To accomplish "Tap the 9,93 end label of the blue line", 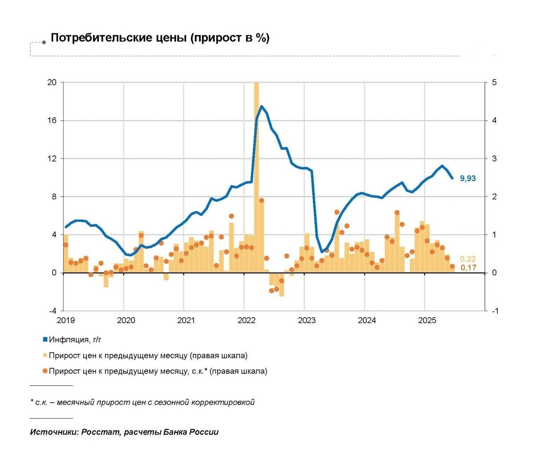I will (x=468, y=179).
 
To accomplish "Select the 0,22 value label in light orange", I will (x=468, y=259).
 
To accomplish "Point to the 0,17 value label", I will (x=468, y=268).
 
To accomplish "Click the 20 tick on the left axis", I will (x=52, y=82).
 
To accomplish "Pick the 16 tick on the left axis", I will (x=52, y=121).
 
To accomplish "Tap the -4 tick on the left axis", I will (x=52, y=311).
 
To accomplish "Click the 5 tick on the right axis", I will (x=494, y=82).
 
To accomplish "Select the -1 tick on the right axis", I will (x=495, y=311).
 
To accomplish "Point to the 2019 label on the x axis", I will (x=66, y=320).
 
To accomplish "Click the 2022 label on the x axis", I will (x=247, y=320).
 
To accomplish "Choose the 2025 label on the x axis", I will (x=427, y=320).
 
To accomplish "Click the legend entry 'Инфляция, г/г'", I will (x=75, y=340).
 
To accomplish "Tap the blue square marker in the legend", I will (x=45, y=340).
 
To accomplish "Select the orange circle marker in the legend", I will (x=45, y=371).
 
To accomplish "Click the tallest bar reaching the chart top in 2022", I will (x=256, y=178).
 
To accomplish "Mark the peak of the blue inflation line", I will (x=261, y=106).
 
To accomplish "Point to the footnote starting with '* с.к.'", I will (x=142, y=402).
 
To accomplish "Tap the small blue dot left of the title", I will (x=44, y=43).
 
